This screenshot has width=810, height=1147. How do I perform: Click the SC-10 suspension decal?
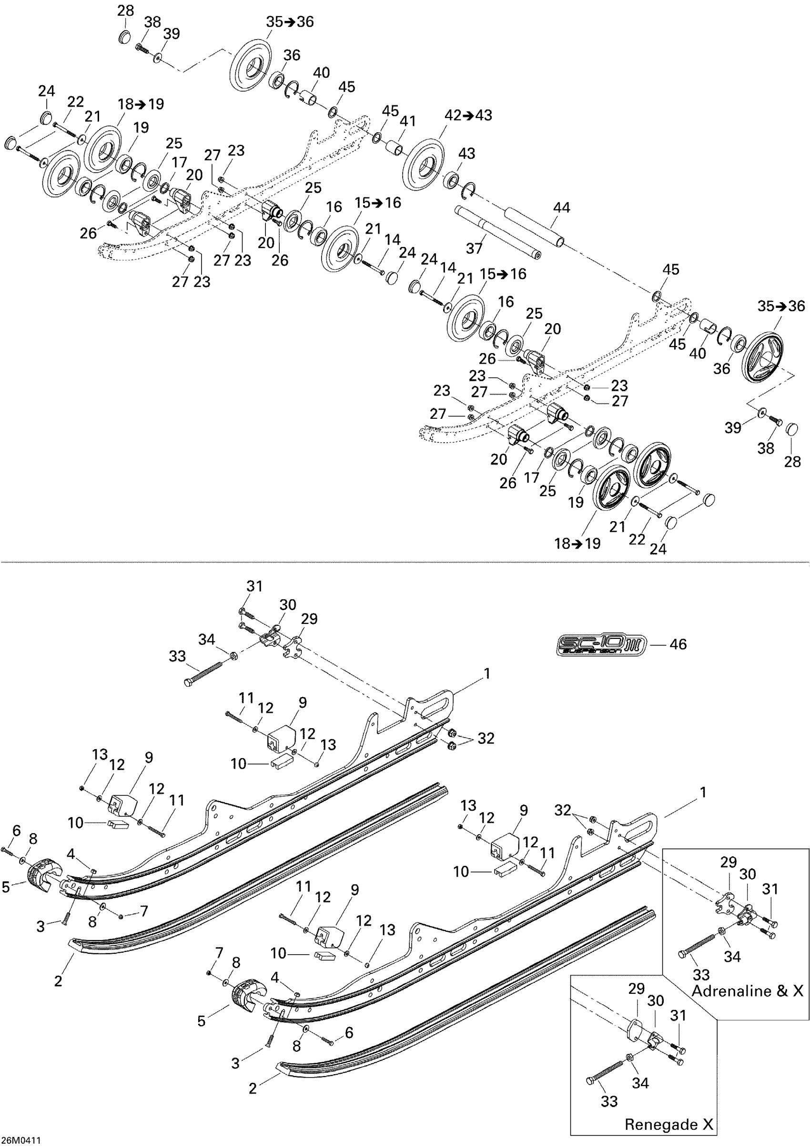tap(601, 645)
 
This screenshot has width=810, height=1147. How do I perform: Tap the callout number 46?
tap(678, 644)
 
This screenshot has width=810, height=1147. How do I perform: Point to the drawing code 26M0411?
tap(20, 1140)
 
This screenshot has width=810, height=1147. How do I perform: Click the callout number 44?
tap(561, 208)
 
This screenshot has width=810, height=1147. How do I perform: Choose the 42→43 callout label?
tap(468, 115)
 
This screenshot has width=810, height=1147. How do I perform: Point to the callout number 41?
tap(407, 121)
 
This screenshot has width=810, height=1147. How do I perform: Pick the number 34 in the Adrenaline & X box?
tap(732, 957)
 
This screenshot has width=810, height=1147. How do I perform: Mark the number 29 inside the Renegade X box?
tap(636, 989)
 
